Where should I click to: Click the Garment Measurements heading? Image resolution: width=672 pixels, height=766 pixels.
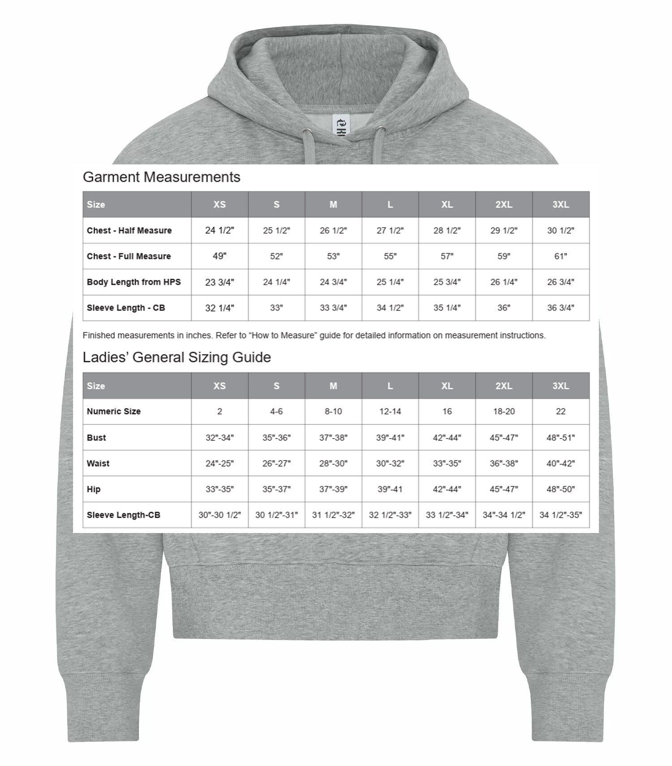(161, 177)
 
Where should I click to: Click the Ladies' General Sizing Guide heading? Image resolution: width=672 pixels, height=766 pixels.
(177, 357)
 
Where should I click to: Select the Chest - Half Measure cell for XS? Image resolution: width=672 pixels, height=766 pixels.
(220, 230)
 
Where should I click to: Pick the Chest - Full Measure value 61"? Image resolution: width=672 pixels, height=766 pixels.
(560, 256)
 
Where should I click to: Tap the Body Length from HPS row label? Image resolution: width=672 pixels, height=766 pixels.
(134, 282)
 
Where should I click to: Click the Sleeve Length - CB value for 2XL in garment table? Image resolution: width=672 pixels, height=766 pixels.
(504, 308)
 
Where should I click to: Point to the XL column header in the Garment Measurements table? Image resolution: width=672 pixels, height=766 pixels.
(447, 204)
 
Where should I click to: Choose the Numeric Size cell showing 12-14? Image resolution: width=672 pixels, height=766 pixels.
(390, 411)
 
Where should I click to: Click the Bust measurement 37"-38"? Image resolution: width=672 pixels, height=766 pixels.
(333, 438)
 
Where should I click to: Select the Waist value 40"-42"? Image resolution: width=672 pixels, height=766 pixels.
(560, 464)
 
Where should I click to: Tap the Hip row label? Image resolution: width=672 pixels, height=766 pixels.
(94, 489)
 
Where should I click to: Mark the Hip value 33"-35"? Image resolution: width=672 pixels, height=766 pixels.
(220, 489)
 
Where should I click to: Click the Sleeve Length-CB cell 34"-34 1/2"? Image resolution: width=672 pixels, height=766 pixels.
(504, 515)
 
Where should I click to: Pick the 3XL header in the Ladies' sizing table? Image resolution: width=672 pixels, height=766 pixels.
(560, 386)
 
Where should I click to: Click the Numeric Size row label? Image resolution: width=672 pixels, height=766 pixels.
(114, 411)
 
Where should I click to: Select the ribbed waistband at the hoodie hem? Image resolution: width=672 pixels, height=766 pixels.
(335, 600)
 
